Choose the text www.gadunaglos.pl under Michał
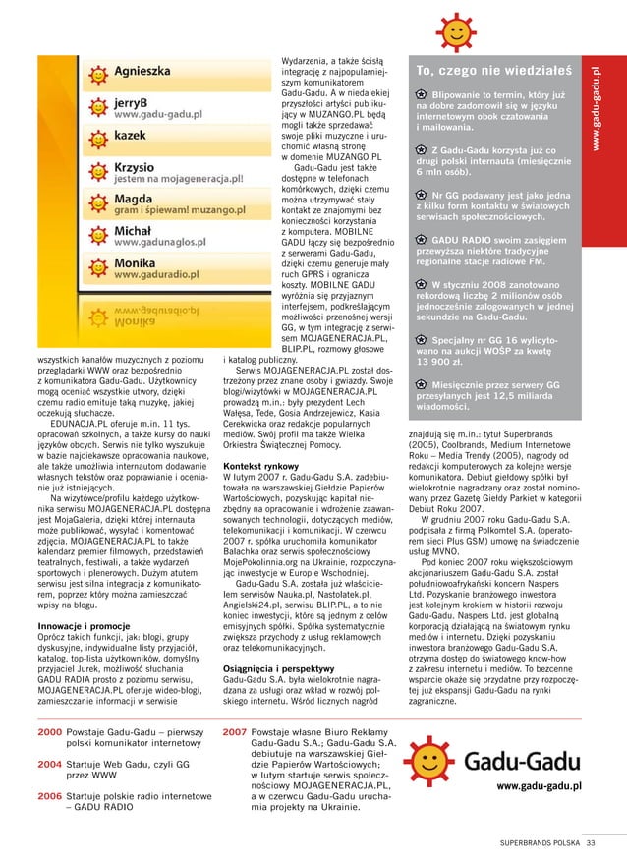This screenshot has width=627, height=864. (x=161, y=240)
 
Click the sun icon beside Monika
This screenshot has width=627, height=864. (x=97, y=271)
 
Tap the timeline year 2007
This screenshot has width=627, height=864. (x=234, y=732)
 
